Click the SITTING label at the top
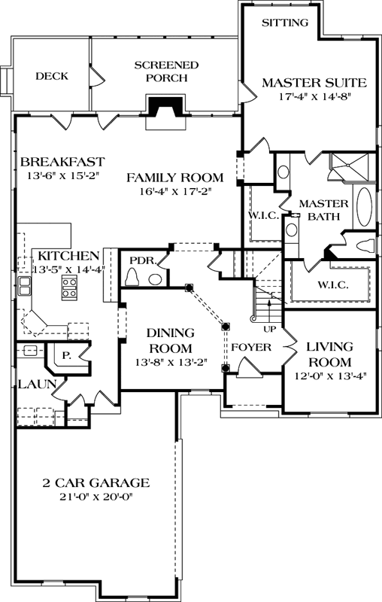(x=285, y=23)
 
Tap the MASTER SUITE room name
(x=314, y=82)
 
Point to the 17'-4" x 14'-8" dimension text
(x=314, y=97)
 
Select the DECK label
(x=52, y=76)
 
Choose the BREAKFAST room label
(x=62, y=162)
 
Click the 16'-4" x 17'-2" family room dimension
(x=174, y=192)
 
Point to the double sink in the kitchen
(x=25, y=284)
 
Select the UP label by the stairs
(x=268, y=330)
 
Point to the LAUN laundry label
(x=30, y=385)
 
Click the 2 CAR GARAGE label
(x=96, y=483)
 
